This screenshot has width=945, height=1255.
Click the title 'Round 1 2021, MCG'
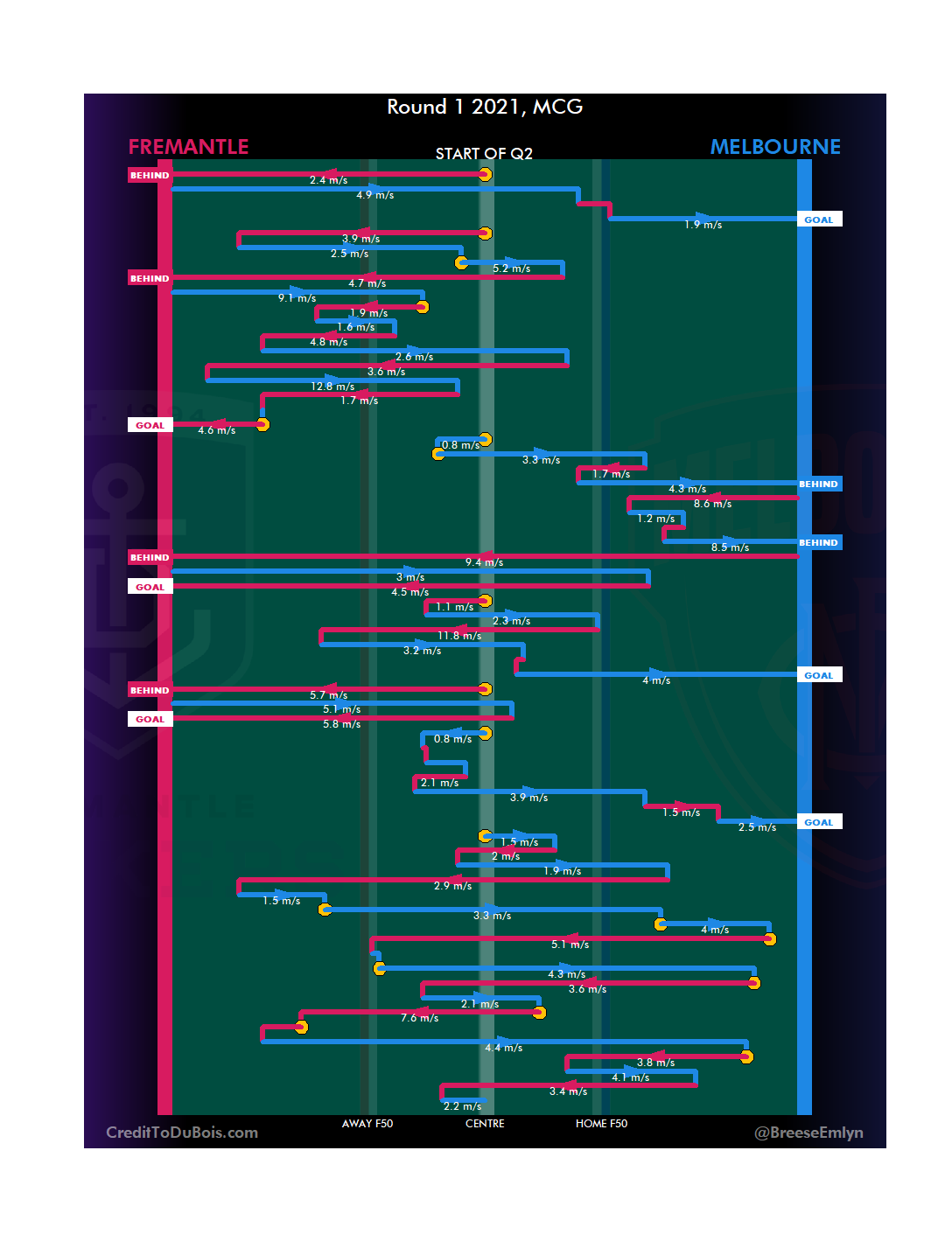[485, 107]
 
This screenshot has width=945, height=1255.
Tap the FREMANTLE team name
[188, 147]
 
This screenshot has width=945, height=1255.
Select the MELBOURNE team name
[774, 147]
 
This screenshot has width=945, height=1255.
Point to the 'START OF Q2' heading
[484, 154]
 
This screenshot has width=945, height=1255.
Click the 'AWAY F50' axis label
[367, 1124]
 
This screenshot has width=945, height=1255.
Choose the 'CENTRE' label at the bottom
[485, 1124]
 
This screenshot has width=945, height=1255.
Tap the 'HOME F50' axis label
[601, 1124]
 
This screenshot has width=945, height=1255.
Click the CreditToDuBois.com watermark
[182, 1133]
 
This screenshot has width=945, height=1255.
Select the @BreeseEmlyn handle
[808, 1133]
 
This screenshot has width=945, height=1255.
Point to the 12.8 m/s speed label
[332, 387]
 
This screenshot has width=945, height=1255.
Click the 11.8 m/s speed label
[459, 636]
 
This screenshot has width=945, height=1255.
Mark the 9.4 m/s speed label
[484, 562]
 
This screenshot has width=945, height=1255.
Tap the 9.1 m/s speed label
[297, 298]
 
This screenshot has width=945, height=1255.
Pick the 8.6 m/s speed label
[712, 504]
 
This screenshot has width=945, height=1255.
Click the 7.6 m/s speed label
[419, 1018]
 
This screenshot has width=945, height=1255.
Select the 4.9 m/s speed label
[374, 195]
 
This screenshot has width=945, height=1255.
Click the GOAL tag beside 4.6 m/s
[150, 425]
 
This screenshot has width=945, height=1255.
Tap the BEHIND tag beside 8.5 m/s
[818, 542]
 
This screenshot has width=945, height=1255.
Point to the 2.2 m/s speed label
[462, 1106]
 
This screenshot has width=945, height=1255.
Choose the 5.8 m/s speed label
[341, 724]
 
